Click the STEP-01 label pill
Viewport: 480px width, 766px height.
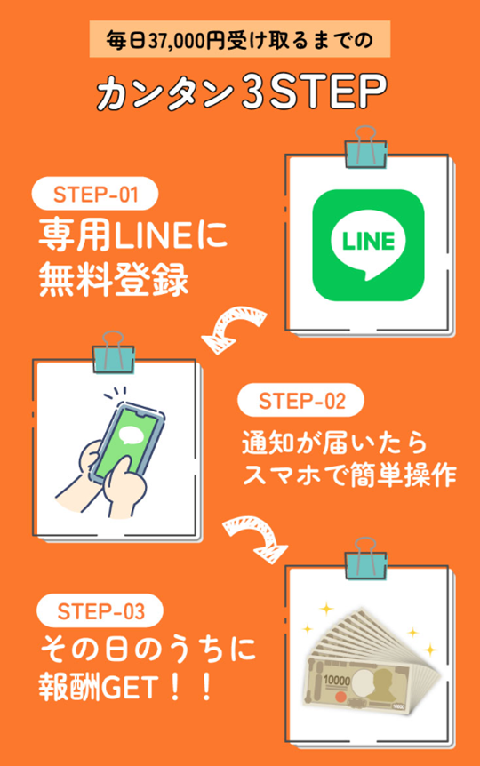95,194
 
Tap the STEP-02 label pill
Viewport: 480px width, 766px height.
300,401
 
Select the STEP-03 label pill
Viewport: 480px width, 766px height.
100,610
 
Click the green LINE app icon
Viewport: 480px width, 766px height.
368,245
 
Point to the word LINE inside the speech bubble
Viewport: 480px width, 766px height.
368,241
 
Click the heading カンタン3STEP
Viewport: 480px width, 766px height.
242,92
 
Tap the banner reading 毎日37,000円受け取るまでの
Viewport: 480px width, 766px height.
239,39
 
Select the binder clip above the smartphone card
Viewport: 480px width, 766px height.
113,352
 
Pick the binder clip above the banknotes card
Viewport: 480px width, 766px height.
365,559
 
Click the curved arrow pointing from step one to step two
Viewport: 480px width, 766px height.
234,327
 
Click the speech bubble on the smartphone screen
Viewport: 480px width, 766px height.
131,435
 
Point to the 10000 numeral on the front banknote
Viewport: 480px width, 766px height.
336,681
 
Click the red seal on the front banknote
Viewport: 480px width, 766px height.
341,696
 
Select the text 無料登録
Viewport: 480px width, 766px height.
114,280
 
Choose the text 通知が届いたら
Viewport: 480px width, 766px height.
334,443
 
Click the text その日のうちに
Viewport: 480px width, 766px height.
148,649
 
